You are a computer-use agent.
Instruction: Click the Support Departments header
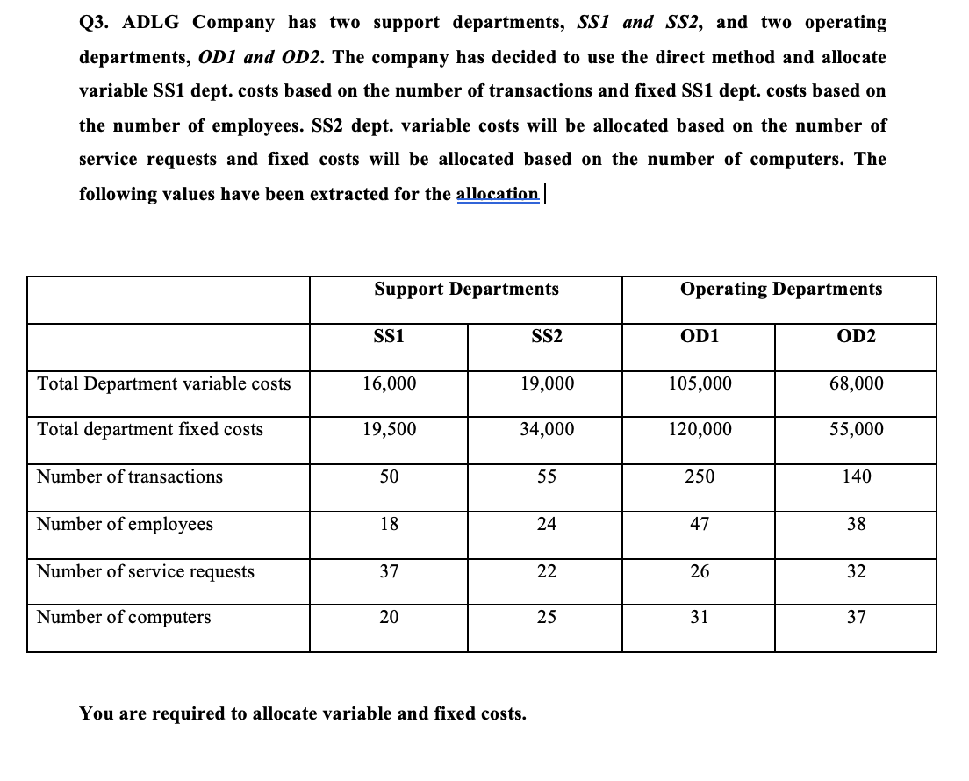pyautogui.click(x=466, y=289)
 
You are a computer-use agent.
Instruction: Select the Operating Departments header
pyautogui.click(x=781, y=289)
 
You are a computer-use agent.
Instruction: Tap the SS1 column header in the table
pyautogui.click(x=389, y=337)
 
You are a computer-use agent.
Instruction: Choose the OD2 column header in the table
pyautogui.click(x=856, y=337)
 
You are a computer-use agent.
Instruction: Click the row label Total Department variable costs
pyautogui.click(x=163, y=383)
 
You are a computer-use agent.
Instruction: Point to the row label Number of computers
pyautogui.click(x=124, y=617)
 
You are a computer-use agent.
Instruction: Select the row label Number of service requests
pyautogui.click(x=146, y=571)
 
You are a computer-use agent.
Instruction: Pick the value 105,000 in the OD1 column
pyautogui.click(x=699, y=383)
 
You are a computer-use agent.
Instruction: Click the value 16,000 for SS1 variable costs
pyautogui.click(x=389, y=383)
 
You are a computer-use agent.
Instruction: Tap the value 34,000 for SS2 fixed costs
pyautogui.click(x=545, y=429)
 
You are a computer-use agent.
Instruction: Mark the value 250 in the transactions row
pyautogui.click(x=699, y=476)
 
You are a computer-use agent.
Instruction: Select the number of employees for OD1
pyautogui.click(x=699, y=524)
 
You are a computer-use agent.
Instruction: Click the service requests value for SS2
pyautogui.click(x=545, y=571)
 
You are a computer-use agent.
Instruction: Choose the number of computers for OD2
pyautogui.click(x=856, y=617)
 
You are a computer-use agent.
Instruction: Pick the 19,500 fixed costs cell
pyautogui.click(x=389, y=429)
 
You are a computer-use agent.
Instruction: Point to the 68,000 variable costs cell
pyautogui.click(x=856, y=383)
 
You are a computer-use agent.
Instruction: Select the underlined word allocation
pyautogui.click(x=498, y=193)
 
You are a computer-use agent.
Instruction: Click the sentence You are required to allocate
pyautogui.click(x=303, y=713)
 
